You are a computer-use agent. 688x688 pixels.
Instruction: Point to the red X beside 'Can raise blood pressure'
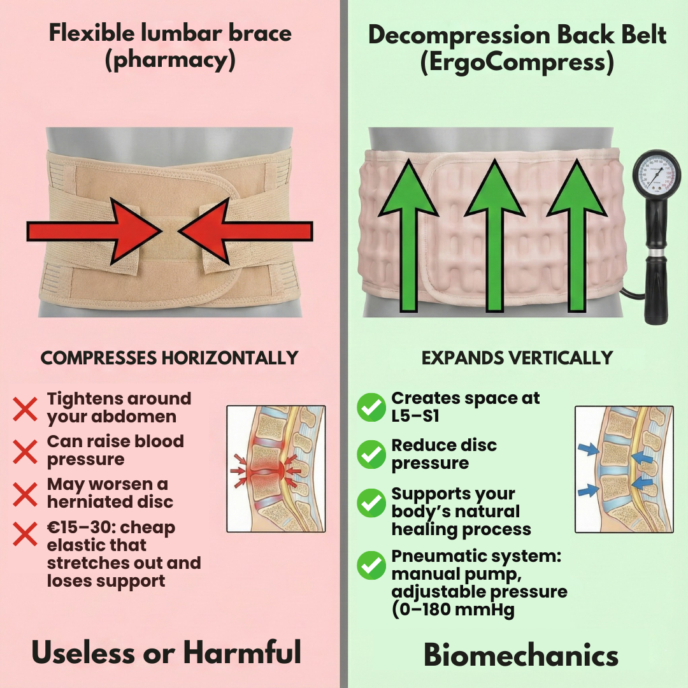pos(25,451)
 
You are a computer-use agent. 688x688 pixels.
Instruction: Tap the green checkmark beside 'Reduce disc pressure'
pos(371,454)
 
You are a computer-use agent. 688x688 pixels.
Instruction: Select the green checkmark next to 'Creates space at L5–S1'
pos(371,407)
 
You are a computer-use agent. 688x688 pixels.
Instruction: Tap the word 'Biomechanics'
pos(521,654)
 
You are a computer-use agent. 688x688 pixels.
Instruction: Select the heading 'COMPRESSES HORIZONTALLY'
pos(169,358)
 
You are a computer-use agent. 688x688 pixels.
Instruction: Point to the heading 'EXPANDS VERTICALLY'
pos(517,358)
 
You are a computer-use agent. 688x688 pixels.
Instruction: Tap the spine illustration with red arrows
pos(276,469)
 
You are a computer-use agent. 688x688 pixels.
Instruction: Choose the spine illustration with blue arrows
pos(624,469)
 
